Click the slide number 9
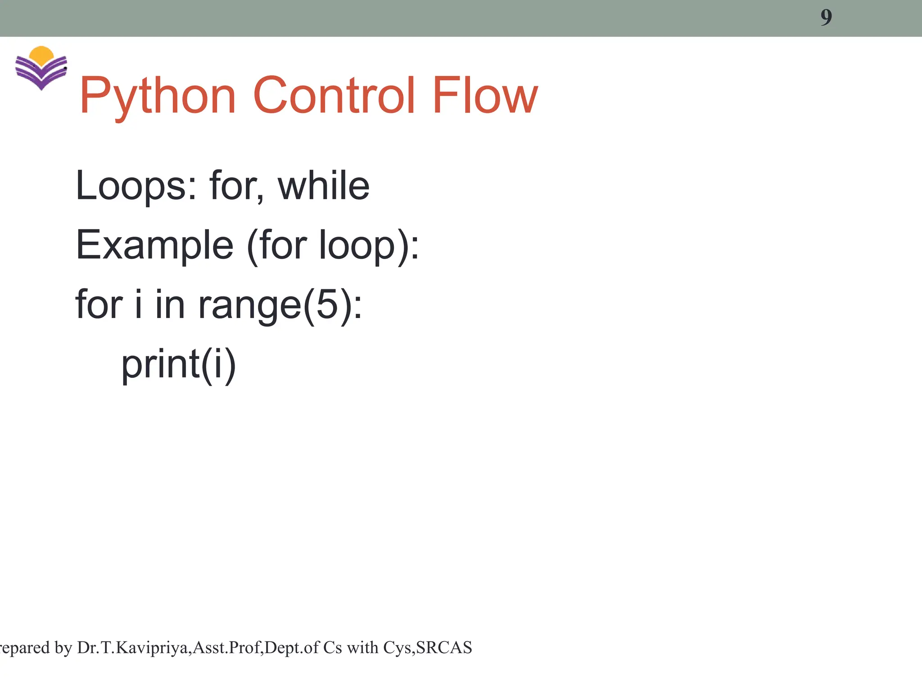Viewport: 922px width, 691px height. [826, 18]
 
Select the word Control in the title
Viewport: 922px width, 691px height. [334, 95]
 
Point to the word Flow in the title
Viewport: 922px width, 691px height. [485, 95]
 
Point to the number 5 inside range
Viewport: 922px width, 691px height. [327, 305]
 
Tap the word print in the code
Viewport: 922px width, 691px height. [160, 364]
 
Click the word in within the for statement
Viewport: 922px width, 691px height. [170, 305]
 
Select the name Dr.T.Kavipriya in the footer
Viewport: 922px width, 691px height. [133, 648]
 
